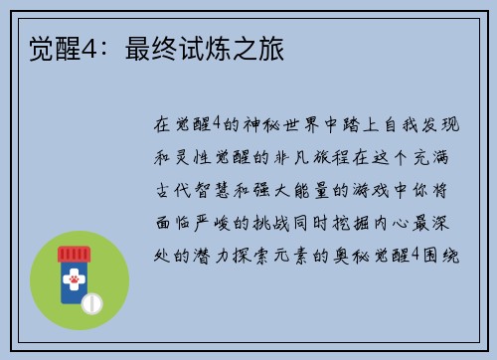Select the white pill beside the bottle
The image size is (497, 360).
tap(92, 301)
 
